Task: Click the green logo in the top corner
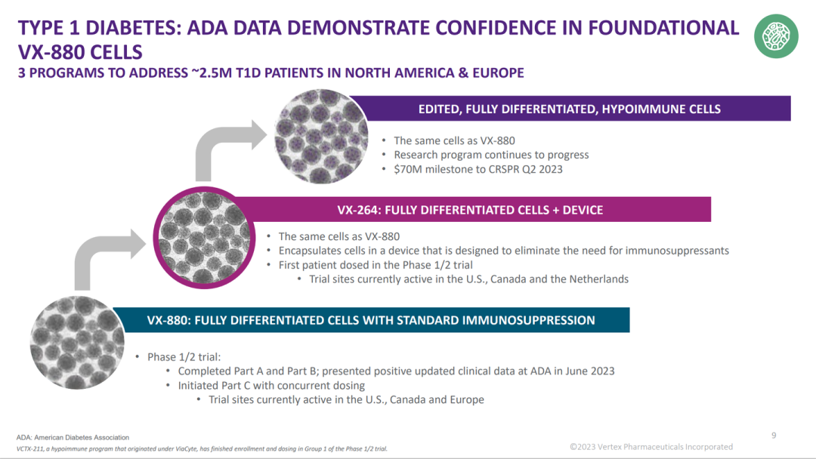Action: point(776,36)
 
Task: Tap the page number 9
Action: point(774,435)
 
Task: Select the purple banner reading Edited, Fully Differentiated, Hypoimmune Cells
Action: point(570,109)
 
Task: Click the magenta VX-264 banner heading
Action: point(470,209)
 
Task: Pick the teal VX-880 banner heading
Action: point(371,320)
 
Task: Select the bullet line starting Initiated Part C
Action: point(271,385)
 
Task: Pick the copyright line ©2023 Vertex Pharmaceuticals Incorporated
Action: point(651,447)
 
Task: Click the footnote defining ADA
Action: point(73,437)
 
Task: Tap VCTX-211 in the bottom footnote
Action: point(34,448)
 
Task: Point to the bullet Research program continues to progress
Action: point(491,155)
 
